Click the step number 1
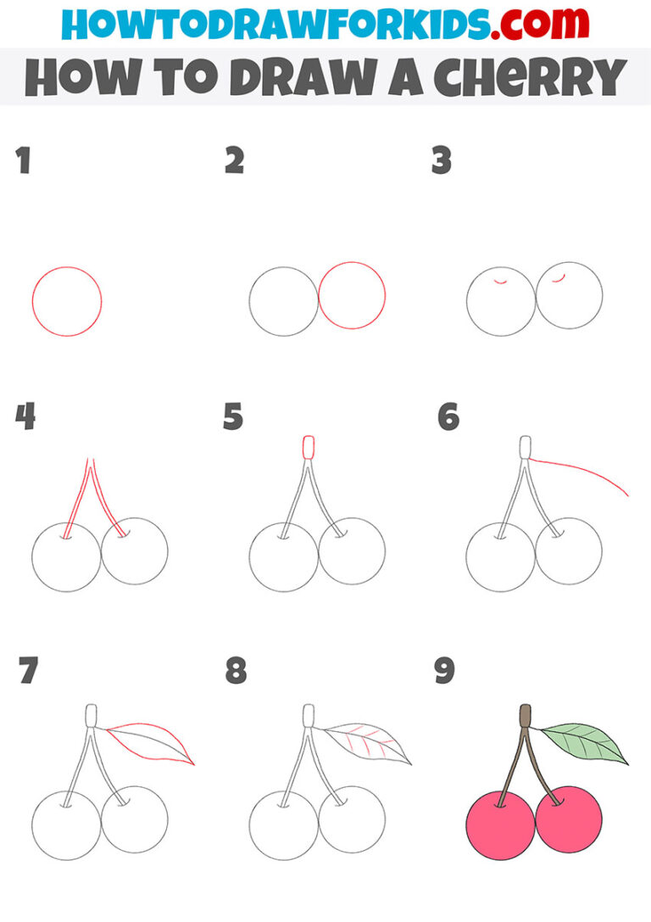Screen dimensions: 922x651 (x=23, y=161)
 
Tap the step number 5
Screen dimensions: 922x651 (x=233, y=417)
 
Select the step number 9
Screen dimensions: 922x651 (x=444, y=671)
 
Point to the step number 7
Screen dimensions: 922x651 (x=28, y=671)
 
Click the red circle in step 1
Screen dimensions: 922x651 (x=67, y=301)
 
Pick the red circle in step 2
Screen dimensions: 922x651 (x=352, y=295)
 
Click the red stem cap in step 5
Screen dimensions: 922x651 (x=308, y=447)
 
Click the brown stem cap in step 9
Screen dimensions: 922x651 (x=526, y=716)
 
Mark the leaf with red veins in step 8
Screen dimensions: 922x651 (x=369, y=741)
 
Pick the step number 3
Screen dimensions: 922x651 (x=442, y=161)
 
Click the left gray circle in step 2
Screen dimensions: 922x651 (x=283, y=301)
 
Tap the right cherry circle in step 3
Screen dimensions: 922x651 (x=570, y=295)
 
